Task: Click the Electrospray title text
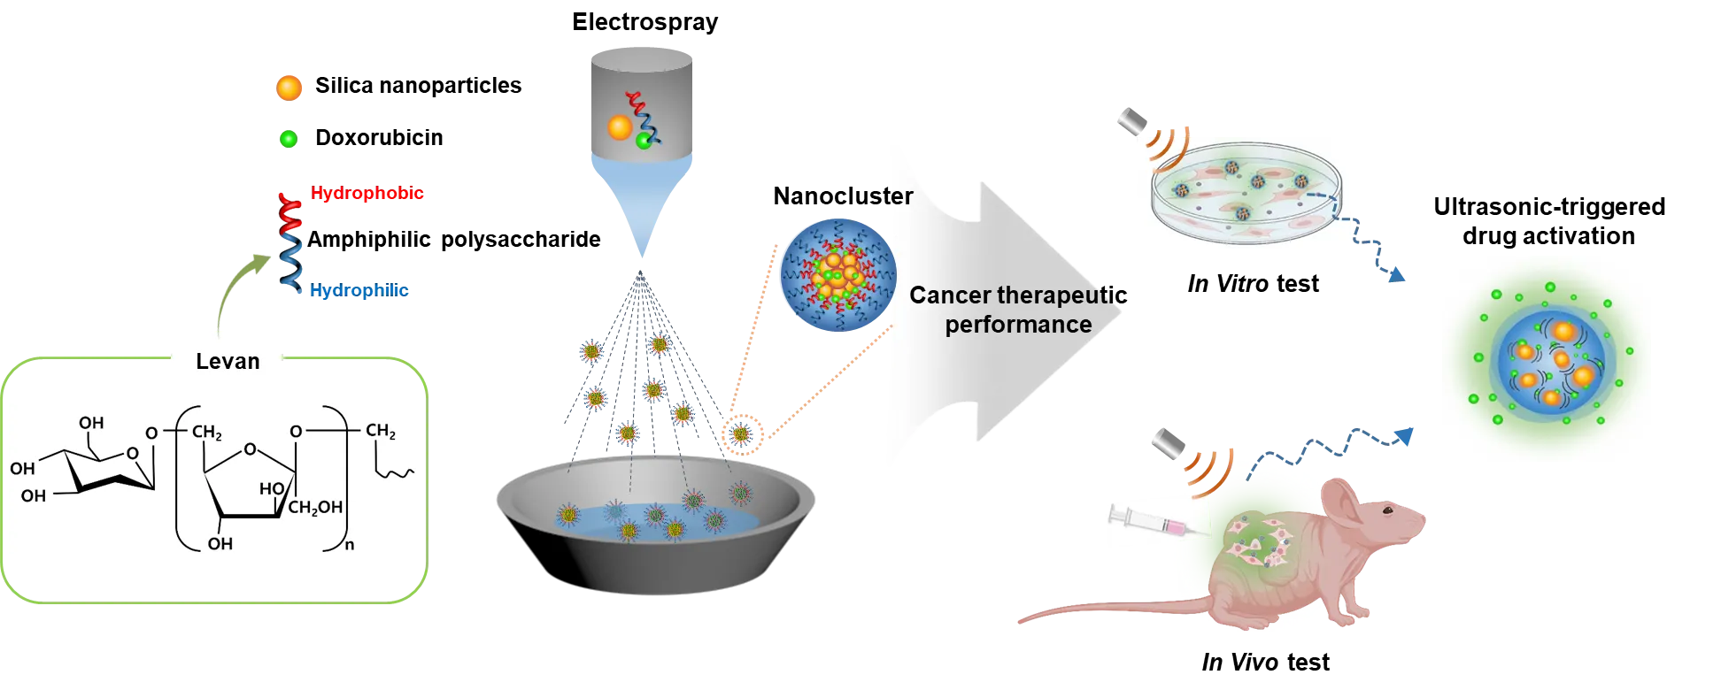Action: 644,22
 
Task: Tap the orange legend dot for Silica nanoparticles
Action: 289,88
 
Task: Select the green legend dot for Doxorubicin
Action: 289,139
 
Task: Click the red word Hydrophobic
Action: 367,193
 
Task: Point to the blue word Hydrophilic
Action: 359,290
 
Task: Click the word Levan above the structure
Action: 228,361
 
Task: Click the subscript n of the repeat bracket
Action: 350,545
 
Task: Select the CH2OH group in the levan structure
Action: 315,508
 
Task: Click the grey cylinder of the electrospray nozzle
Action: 642,102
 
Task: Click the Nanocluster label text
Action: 843,196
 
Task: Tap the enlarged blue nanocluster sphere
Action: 837,275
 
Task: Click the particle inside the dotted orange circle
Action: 742,433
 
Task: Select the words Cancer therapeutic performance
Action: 1018,310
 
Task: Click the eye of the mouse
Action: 1387,510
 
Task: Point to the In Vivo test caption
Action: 1265,663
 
